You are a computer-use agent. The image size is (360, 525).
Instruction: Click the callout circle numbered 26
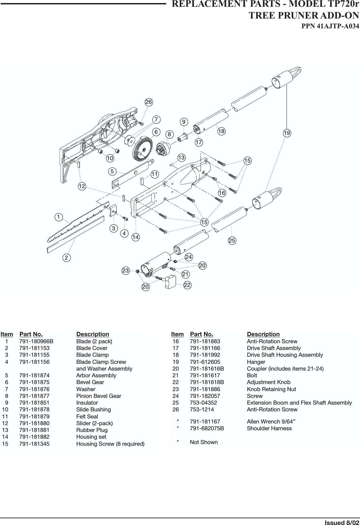pyautogui.click(x=149, y=102)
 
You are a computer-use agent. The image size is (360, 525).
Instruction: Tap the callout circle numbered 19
pyautogui.click(x=287, y=133)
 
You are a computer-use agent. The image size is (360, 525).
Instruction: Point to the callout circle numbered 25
pyautogui.click(x=232, y=240)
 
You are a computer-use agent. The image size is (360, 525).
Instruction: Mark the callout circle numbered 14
pyautogui.click(x=136, y=237)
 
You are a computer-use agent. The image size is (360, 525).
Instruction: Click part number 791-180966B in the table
pyautogui.click(x=36, y=341)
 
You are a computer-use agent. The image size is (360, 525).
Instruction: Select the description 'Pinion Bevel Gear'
pyautogui.click(x=98, y=396)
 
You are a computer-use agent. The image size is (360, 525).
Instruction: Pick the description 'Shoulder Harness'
pyautogui.click(x=269, y=428)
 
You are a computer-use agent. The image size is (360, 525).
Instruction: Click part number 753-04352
pyautogui.click(x=203, y=403)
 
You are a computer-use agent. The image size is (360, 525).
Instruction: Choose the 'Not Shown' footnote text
pyautogui.click(x=204, y=442)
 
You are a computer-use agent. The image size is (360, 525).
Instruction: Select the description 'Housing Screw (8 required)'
pyautogui.click(x=110, y=444)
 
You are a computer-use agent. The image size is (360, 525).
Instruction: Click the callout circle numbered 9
pyautogui.click(x=184, y=121)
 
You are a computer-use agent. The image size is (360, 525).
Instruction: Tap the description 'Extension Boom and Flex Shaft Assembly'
pyautogui.click(x=299, y=403)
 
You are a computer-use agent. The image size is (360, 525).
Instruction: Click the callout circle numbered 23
pyautogui.click(x=126, y=270)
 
